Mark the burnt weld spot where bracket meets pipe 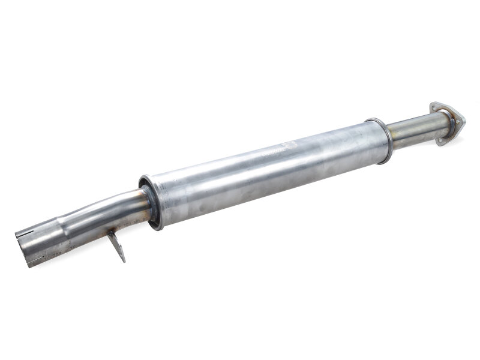tap(112, 231)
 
